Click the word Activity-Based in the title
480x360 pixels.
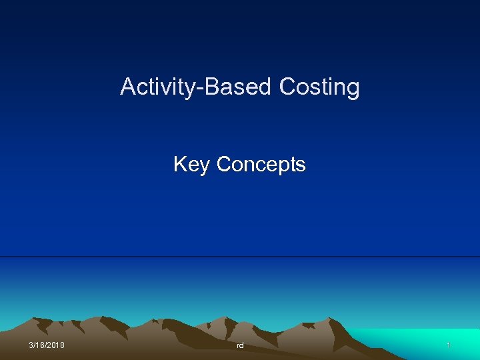[x=197, y=87]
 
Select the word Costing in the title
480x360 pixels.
[x=319, y=87]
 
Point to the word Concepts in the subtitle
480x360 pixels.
[x=261, y=164]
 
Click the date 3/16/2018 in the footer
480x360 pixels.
[x=47, y=345]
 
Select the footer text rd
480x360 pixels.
[x=240, y=346]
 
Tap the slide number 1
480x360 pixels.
[x=449, y=345]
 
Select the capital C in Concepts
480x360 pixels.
[x=224, y=164]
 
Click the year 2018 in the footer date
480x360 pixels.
[x=56, y=345]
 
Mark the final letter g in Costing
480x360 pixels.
[x=353, y=89]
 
